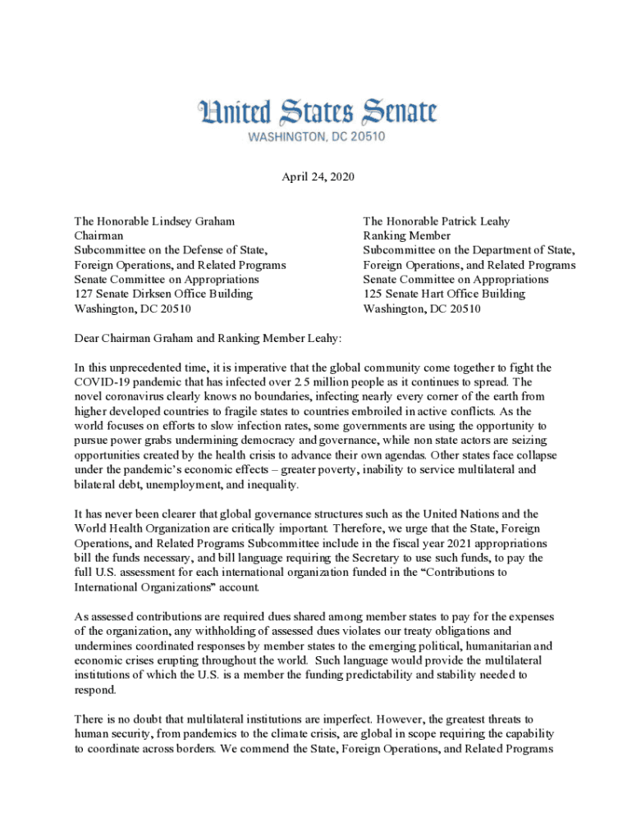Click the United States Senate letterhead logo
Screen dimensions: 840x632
(316, 112)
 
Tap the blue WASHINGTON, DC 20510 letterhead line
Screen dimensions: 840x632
(317, 137)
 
